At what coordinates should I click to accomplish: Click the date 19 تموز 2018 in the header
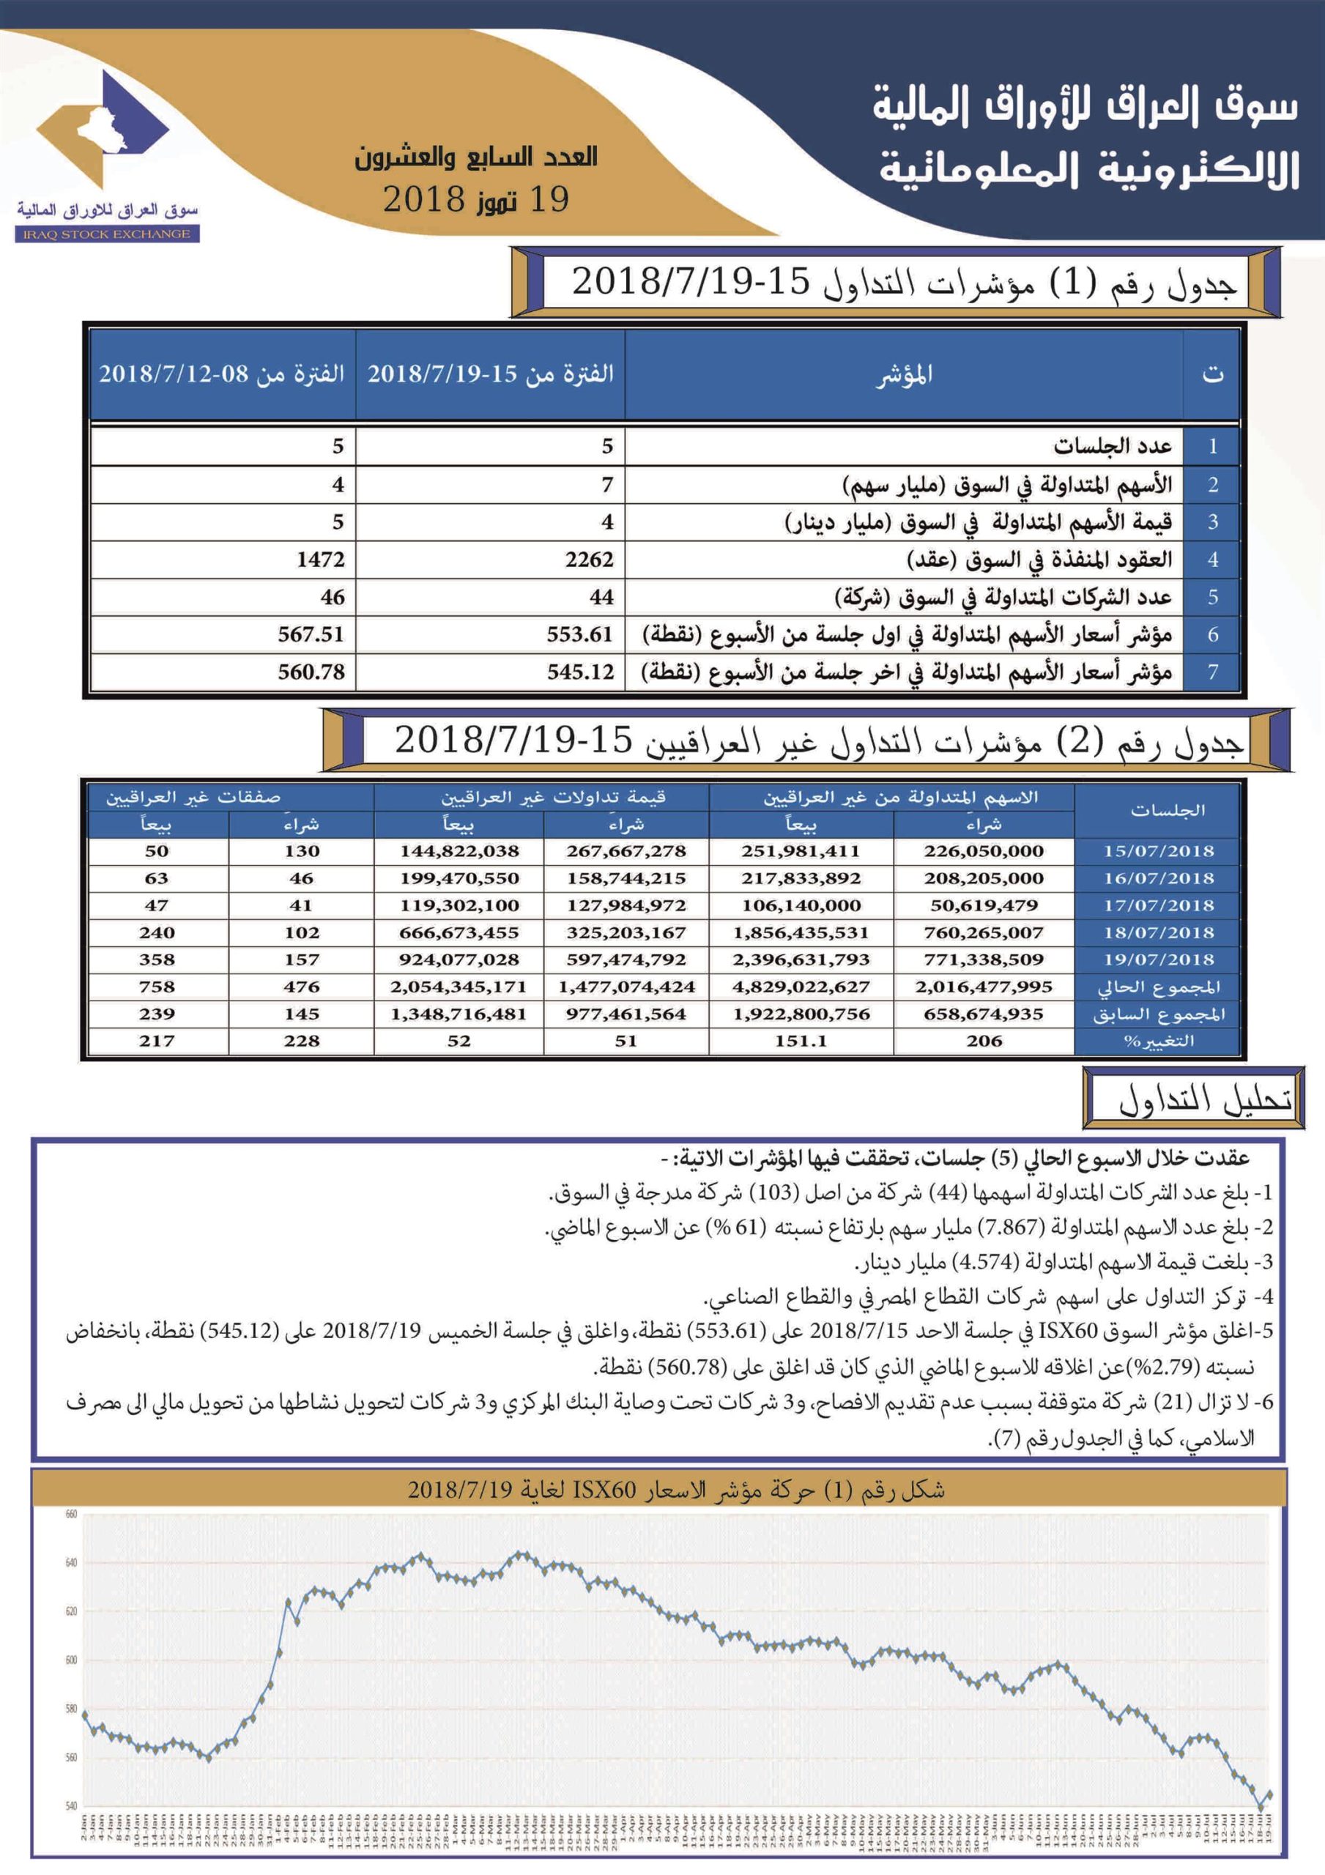click(x=476, y=199)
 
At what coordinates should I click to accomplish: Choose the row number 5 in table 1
click(x=1212, y=597)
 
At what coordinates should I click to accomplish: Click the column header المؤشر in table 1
click(x=905, y=375)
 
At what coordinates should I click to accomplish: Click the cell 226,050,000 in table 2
click(x=984, y=851)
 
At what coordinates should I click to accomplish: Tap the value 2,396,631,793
click(x=801, y=959)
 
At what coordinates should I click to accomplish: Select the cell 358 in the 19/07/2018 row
click(x=156, y=959)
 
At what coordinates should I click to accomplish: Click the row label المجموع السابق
click(x=1158, y=1014)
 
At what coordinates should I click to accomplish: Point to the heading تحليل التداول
click(x=1204, y=1100)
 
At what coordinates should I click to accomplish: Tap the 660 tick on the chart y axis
click(x=71, y=1514)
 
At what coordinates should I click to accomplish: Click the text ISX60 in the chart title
click(x=604, y=1490)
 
